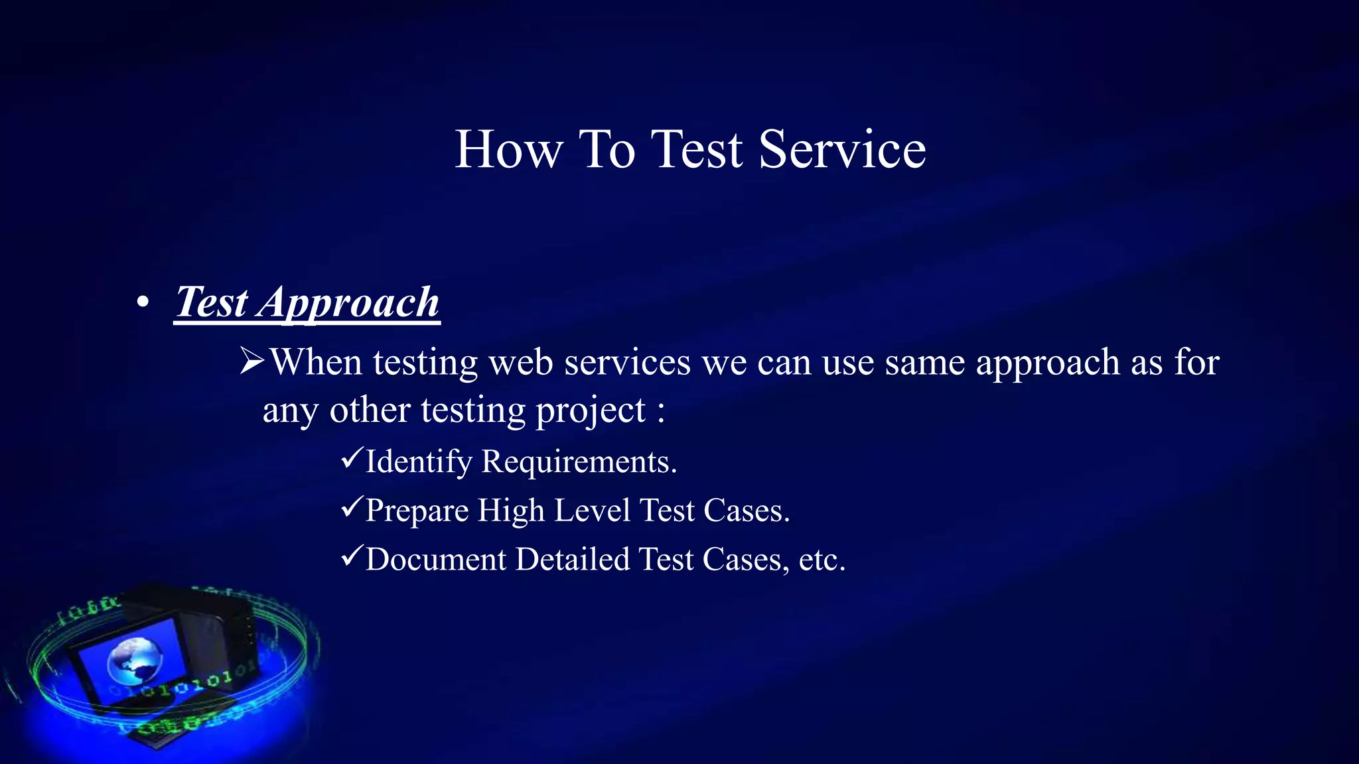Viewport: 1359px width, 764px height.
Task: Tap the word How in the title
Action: click(509, 150)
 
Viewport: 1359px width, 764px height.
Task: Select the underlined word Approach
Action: click(349, 302)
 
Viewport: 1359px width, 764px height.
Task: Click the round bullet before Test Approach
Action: click(143, 302)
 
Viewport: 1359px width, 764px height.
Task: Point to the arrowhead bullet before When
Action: click(252, 362)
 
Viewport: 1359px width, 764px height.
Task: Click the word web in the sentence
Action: click(521, 362)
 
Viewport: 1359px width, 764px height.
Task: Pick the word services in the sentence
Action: click(627, 362)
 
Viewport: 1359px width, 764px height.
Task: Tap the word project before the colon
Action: click(591, 411)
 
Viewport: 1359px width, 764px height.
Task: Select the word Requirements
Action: click(579, 462)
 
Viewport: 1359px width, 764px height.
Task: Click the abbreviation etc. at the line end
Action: click(822, 559)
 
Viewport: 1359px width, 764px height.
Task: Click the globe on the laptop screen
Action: click(135, 661)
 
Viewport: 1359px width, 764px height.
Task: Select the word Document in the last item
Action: click(436, 559)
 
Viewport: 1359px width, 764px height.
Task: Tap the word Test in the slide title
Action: click(696, 150)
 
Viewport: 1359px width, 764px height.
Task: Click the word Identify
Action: click(419, 462)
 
